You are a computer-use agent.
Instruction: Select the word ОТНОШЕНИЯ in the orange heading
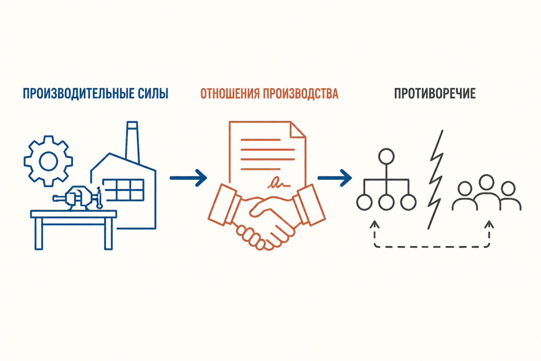230,93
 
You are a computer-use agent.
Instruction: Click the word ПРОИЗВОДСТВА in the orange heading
301,93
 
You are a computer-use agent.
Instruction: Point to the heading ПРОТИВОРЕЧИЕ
435,93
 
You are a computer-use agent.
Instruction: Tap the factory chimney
132,143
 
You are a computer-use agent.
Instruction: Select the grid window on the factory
123,190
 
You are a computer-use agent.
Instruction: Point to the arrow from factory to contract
188,178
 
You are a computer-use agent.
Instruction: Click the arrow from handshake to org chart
335,178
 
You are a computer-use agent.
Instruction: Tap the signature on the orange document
279,183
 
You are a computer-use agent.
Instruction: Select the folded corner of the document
298,130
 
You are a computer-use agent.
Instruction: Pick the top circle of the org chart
386,156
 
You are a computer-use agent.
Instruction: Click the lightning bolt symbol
436,179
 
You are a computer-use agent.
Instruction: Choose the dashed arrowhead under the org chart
375,224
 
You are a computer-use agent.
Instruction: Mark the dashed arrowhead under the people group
489,224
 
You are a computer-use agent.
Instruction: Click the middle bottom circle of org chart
386,202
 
